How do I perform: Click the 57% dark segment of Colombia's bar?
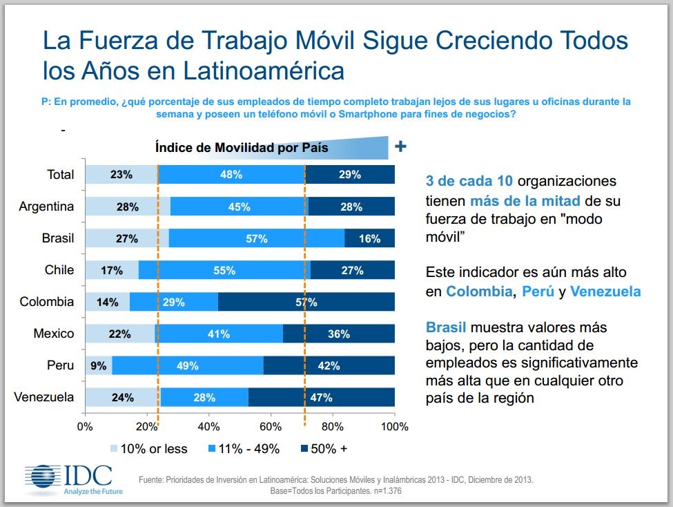(x=306, y=302)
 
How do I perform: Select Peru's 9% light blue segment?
(x=99, y=365)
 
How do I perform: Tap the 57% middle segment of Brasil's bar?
(x=256, y=238)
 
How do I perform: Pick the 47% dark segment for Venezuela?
(x=321, y=397)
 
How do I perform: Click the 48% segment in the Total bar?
(x=231, y=175)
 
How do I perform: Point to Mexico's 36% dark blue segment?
(x=338, y=334)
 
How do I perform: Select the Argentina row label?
(x=46, y=206)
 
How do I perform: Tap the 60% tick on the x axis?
(x=271, y=425)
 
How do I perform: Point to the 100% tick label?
(x=394, y=425)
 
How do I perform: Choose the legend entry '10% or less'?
(x=148, y=449)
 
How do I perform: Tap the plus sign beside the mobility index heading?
(x=400, y=146)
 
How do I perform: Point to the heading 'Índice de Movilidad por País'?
(x=242, y=147)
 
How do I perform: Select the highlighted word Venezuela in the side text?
(x=605, y=291)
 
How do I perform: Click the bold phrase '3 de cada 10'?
(x=469, y=182)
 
